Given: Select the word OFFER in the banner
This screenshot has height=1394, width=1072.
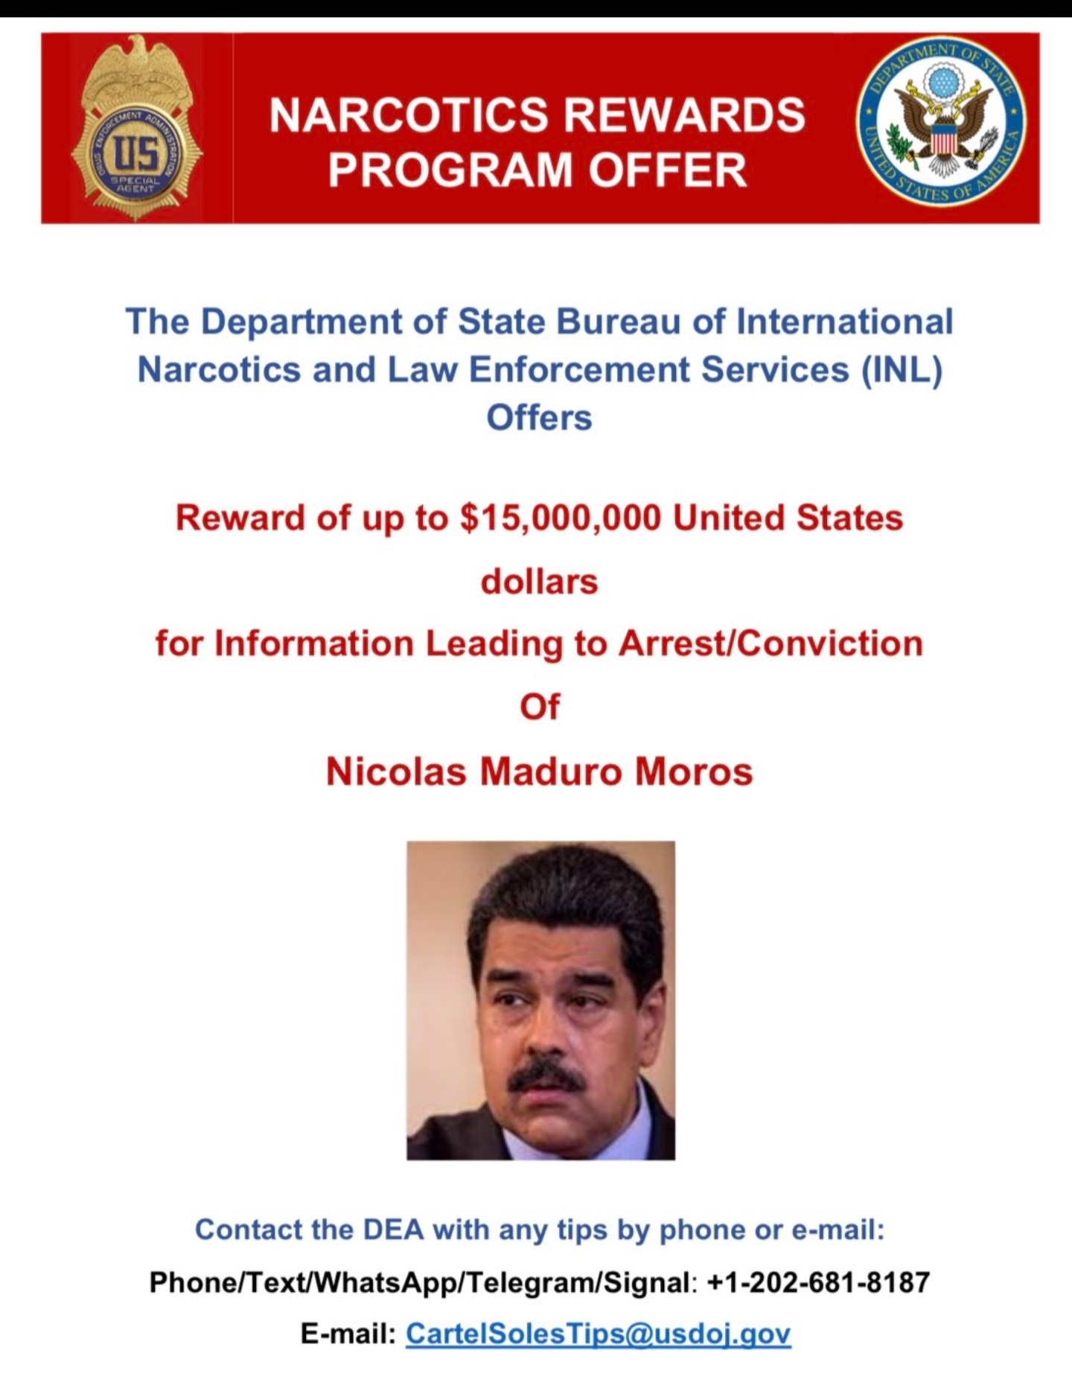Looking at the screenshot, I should coord(667,171).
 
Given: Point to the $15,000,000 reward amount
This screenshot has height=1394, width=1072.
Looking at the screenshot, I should coord(561,518).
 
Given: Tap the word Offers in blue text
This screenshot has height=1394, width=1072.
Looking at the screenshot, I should coord(539,417).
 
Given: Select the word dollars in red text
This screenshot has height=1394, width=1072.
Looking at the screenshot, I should coord(539,582).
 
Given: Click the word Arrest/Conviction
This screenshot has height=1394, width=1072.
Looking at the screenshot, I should coord(770,643).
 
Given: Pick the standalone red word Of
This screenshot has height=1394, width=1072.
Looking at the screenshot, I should coord(539,707).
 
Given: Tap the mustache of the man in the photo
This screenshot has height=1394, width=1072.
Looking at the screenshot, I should coord(546,1075).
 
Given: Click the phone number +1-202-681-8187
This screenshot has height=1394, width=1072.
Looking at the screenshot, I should coord(818,1282).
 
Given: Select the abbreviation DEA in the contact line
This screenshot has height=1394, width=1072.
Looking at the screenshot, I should coord(393,1229).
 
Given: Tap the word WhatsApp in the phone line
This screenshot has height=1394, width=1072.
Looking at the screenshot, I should coord(378,1282).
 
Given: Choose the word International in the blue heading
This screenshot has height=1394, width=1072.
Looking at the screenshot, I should coord(844,322).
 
